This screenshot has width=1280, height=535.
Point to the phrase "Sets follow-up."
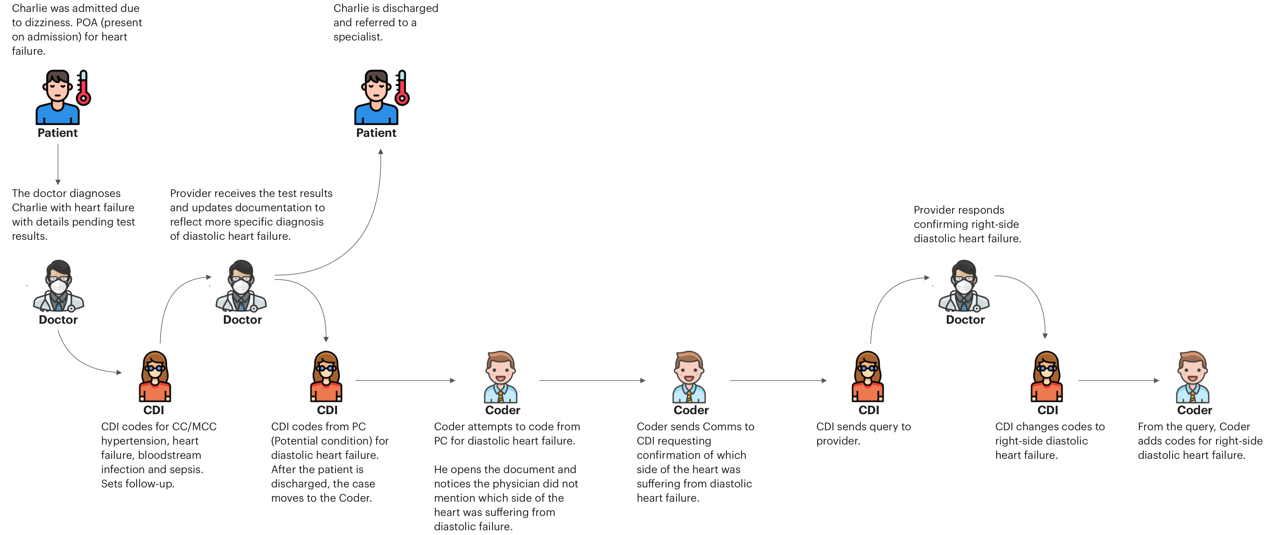tap(138, 484)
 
